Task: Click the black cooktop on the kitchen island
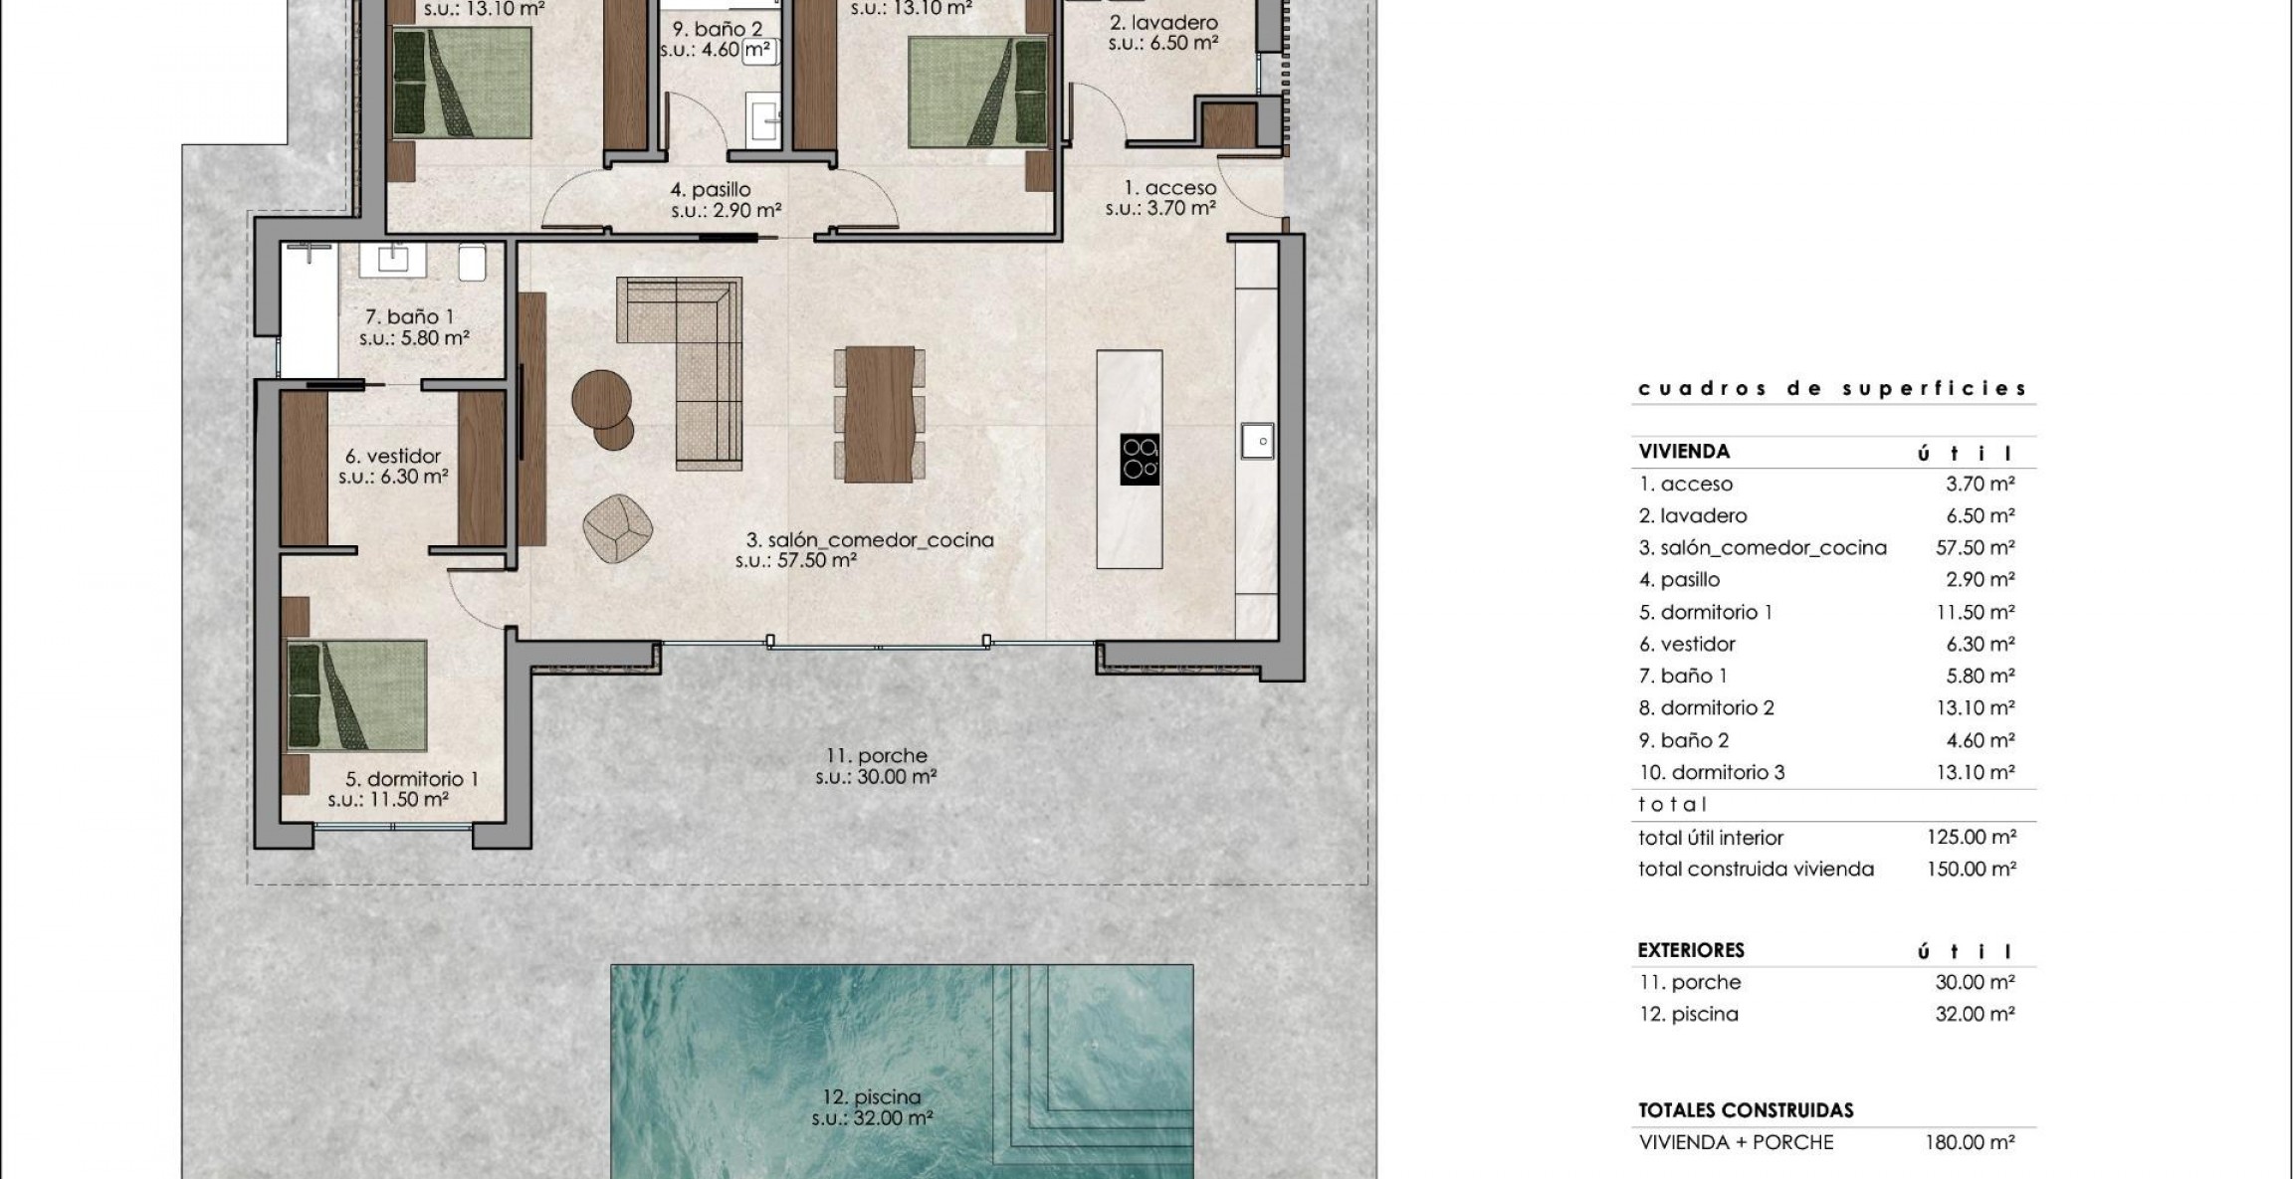[1140, 460]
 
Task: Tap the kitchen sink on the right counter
[1257, 441]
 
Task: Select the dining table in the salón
[879, 414]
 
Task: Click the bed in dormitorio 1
[356, 693]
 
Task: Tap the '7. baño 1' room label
[409, 317]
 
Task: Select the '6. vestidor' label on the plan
[392, 457]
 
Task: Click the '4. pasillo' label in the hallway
[710, 189]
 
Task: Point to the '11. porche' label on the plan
[877, 756]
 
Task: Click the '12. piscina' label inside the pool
[872, 1097]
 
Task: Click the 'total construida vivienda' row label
[1756, 870]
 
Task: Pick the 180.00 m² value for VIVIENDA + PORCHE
[1969, 1143]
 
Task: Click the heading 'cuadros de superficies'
[1831, 389]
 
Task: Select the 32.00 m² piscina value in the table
[1975, 1015]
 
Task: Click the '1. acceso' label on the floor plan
[1169, 188]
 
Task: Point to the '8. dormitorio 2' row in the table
[1706, 708]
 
